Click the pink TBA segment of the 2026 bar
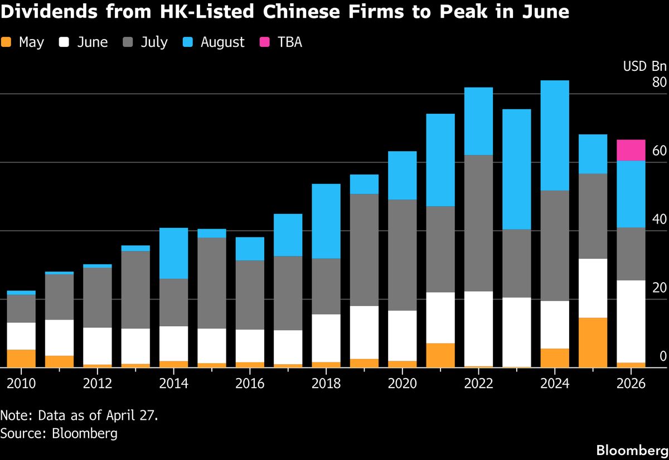click(631, 150)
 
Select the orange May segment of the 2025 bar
click(593, 342)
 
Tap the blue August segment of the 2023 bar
click(516, 169)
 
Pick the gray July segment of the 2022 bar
click(478, 223)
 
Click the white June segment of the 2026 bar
click(631, 321)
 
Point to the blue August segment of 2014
click(173, 253)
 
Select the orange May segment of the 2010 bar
click(21, 359)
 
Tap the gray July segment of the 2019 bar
click(364, 250)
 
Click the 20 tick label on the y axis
click(659, 288)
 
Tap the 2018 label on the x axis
click(326, 384)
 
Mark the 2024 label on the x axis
click(554, 384)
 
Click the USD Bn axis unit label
click(644, 66)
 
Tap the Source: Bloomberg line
click(59, 433)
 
